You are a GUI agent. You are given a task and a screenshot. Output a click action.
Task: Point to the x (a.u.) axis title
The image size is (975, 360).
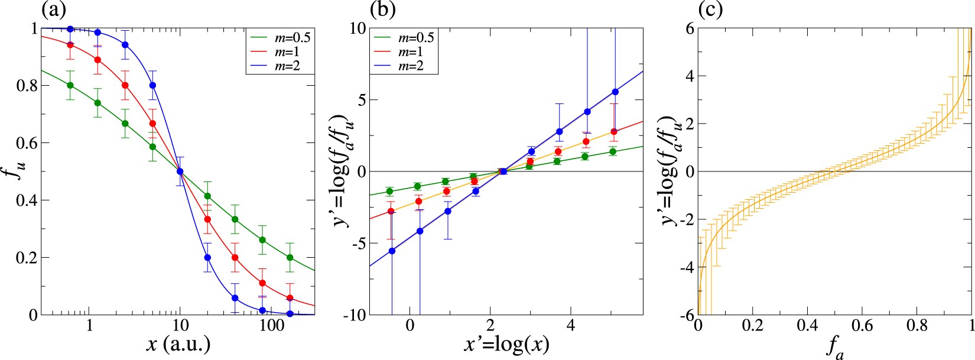click(x=178, y=345)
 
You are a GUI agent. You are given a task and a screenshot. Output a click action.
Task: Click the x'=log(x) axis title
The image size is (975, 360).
click(x=506, y=345)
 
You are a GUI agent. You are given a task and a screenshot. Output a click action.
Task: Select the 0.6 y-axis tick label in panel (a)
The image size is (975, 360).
click(x=24, y=143)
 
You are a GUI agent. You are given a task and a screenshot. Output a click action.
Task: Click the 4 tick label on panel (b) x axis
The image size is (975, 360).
click(x=571, y=326)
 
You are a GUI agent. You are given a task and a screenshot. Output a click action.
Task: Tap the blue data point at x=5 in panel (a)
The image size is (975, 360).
click(x=152, y=85)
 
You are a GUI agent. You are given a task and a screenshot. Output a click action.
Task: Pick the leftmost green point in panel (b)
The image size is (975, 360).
click(x=389, y=191)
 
